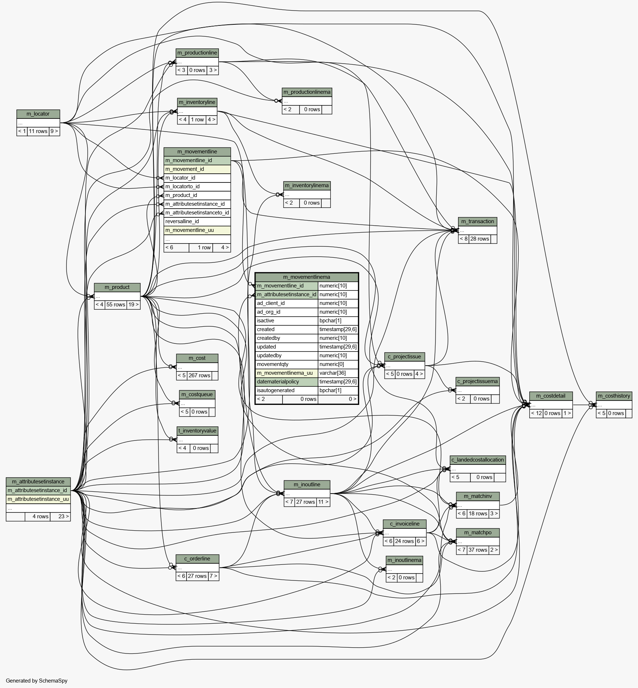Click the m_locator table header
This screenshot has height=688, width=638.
click(38, 114)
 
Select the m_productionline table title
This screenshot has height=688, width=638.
click(197, 53)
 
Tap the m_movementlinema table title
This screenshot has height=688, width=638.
click(307, 277)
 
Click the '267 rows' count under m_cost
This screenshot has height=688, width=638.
click(199, 375)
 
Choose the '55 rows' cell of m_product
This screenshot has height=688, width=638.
click(116, 305)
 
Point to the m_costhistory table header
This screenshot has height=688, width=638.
click(614, 396)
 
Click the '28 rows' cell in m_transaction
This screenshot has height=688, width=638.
click(479, 239)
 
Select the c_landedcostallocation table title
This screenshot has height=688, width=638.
click(478, 460)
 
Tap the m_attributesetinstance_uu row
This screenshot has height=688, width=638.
click(38, 499)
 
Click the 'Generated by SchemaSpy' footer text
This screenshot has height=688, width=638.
click(37, 681)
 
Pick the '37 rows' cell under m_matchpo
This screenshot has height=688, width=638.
click(478, 550)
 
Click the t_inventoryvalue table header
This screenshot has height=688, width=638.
click(197, 431)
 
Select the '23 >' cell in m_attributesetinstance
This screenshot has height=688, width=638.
click(60, 516)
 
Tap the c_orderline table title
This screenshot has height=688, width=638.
click(197, 559)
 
